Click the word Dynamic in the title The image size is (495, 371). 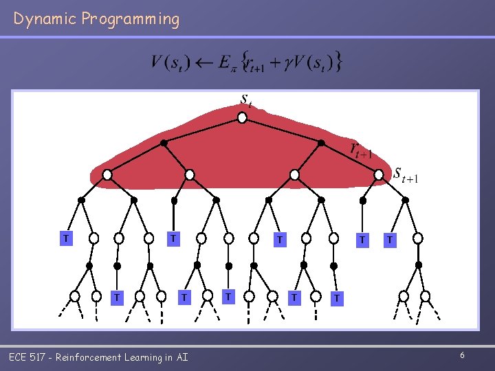(x=44, y=19)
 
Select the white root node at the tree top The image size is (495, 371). (x=242, y=118)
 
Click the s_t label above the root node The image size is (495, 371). (x=246, y=100)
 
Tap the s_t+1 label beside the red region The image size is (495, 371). (x=406, y=175)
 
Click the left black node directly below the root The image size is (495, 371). (x=164, y=143)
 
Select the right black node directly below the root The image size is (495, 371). (x=321, y=143)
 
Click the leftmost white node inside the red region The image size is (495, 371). (x=107, y=175)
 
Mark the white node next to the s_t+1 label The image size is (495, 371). (x=378, y=175)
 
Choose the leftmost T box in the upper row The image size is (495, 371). (x=66, y=238)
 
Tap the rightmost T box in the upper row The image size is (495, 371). (x=390, y=240)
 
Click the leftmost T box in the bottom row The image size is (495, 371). (x=118, y=297)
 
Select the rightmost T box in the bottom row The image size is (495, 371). (x=335, y=298)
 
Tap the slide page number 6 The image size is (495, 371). (x=463, y=355)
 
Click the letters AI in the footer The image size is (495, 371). (x=181, y=357)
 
